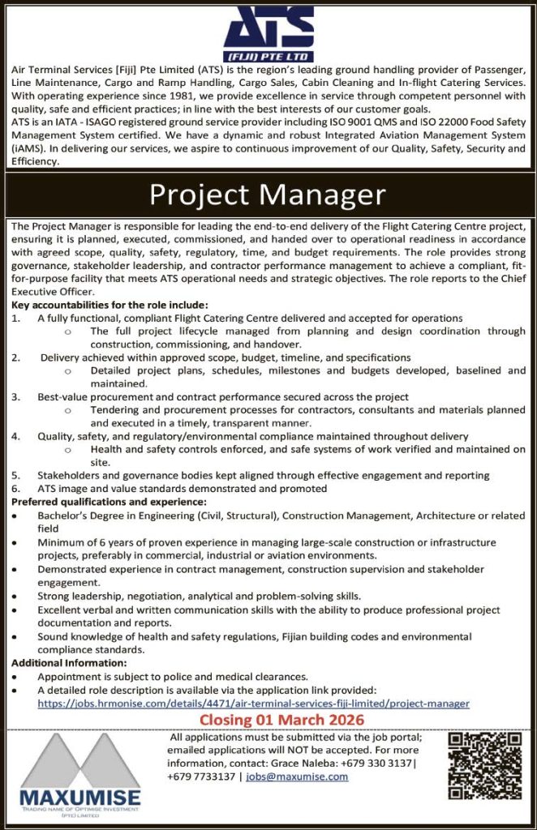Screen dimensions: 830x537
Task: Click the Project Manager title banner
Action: (268, 195)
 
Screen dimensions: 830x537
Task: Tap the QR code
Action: (485, 765)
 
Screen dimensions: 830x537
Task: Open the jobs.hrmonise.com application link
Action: (253, 704)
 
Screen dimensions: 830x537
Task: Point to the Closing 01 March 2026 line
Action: (281, 720)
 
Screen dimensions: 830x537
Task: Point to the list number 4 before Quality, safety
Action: (15, 436)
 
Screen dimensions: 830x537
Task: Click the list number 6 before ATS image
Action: (15, 489)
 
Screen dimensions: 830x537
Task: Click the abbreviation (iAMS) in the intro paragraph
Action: (28, 148)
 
